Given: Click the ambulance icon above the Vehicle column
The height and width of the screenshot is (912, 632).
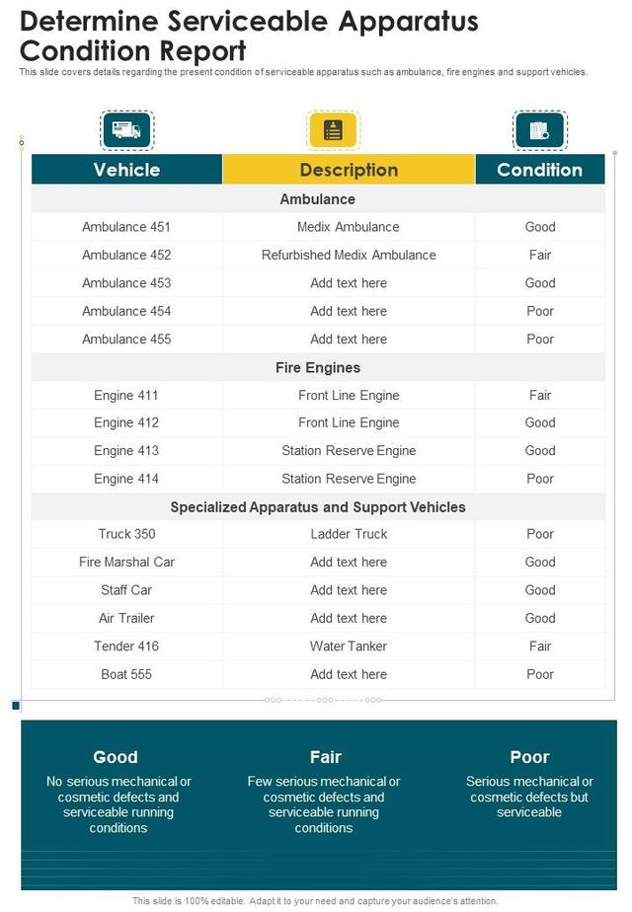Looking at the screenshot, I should click(126, 130).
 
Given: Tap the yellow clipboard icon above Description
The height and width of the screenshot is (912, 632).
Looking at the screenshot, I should click(334, 130).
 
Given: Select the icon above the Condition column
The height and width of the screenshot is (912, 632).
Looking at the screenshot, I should click(539, 130).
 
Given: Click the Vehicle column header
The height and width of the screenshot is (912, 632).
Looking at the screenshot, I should click(126, 170).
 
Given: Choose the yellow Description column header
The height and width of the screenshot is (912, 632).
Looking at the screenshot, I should click(349, 170).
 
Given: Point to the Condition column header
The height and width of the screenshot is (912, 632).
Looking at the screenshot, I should click(539, 170).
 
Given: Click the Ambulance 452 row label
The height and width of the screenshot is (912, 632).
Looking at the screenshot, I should click(126, 255).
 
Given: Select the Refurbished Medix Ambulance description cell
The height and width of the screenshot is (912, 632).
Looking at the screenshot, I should click(349, 255).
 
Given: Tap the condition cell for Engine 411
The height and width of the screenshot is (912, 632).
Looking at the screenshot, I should click(540, 395).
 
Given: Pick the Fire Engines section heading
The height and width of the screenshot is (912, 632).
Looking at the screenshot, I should click(318, 367).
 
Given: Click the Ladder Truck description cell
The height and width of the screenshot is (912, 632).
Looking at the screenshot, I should click(349, 534).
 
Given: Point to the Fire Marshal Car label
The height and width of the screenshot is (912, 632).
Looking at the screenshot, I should click(126, 562).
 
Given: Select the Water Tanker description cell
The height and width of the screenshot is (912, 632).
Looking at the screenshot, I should click(349, 646).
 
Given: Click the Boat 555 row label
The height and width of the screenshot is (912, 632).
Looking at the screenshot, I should click(126, 674).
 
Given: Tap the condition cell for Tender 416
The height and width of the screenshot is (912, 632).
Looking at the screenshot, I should click(540, 646).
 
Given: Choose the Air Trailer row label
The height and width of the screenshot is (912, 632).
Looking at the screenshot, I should click(126, 618).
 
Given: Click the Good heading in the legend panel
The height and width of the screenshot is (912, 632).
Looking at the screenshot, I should click(116, 757).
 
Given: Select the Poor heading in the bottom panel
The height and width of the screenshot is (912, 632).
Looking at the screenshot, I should click(529, 757).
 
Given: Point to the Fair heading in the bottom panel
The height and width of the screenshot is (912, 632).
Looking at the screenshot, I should click(325, 757).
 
